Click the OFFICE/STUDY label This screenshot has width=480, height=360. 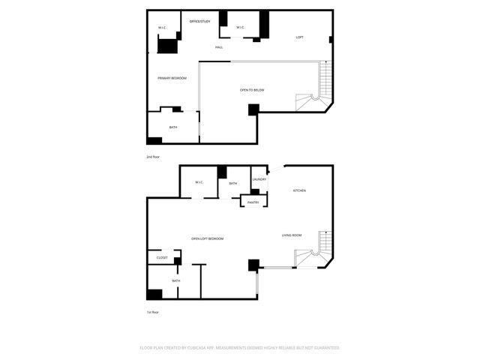pyautogui.click(x=199, y=21)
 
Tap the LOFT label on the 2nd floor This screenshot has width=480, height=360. pyautogui.click(x=299, y=37)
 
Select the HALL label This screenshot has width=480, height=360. pyautogui.click(x=219, y=47)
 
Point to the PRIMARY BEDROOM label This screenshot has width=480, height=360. pyautogui.click(x=172, y=78)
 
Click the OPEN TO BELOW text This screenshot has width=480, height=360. pyautogui.click(x=252, y=90)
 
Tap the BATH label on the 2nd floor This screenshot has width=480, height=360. pyautogui.click(x=173, y=127)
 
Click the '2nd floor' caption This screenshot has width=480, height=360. pyautogui.click(x=153, y=157)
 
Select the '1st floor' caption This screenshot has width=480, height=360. pyautogui.click(x=153, y=312)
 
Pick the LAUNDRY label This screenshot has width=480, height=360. pyautogui.click(x=259, y=179)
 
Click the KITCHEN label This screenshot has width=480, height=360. pyautogui.click(x=299, y=190)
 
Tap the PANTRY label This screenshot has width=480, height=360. pyautogui.click(x=253, y=202)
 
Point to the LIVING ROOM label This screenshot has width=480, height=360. pyautogui.click(x=292, y=235)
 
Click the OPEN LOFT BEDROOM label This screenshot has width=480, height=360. pyautogui.click(x=207, y=238)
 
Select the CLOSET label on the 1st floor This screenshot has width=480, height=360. pyautogui.click(x=162, y=258)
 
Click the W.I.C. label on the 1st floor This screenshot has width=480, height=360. pyautogui.click(x=199, y=182)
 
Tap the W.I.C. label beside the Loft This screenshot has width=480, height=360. pyautogui.click(x=240, y=28)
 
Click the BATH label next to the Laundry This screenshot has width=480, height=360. pyautogui.click(x=233, y=183)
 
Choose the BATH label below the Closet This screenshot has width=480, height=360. pyautogui.click(x=176, y=280)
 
